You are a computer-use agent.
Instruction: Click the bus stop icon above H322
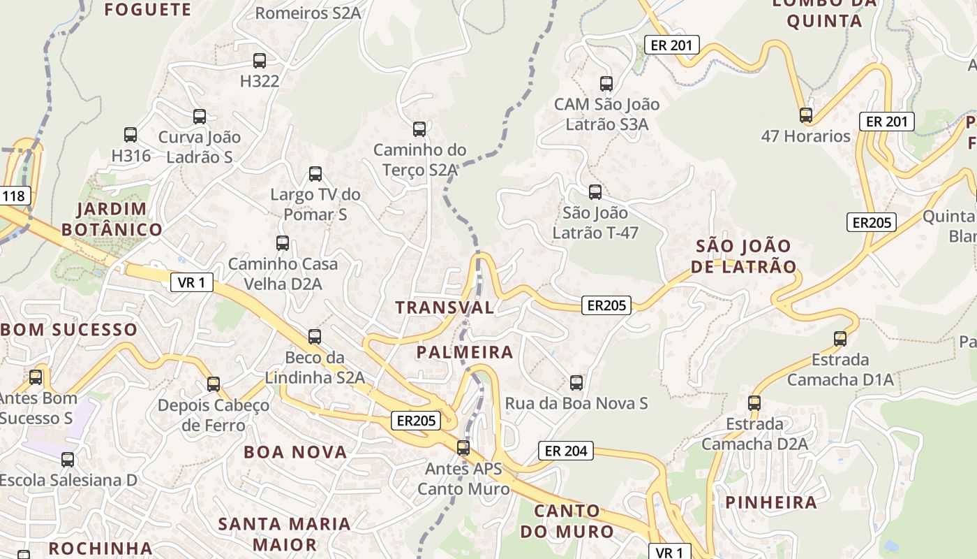(x=260, y=61)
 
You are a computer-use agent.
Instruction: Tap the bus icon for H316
(x=130, y=135)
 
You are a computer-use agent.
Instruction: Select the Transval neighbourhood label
(x=445, y=307)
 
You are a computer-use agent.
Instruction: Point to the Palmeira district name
(x=465, y=352)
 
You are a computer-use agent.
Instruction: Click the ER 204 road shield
(x=566, y=451)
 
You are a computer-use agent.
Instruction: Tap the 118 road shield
(x=13, y=196)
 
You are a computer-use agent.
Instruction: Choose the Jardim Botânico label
(x=112, y=219)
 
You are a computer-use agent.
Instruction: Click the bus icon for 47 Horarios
(x=806, y=115)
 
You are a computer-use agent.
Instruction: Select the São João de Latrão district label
(x=744, y=256)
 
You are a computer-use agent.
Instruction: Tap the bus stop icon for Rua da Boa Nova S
(x=576, y=383)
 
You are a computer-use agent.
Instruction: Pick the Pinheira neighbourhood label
(x=771, y=502)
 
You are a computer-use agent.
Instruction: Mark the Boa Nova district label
(x=295, y=452)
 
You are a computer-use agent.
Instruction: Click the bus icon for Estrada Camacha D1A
(x=840, y=339)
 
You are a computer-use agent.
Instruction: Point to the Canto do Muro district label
(x=567, y=521)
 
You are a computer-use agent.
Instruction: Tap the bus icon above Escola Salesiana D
(x=68, y=460)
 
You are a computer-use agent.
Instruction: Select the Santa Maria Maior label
(x=285, y=533)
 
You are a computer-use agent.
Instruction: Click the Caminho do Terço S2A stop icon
(x=419, y=129)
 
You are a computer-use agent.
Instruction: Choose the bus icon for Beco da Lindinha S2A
(x=315, y=337)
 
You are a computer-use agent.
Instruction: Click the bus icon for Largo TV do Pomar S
(x=315, y=174)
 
